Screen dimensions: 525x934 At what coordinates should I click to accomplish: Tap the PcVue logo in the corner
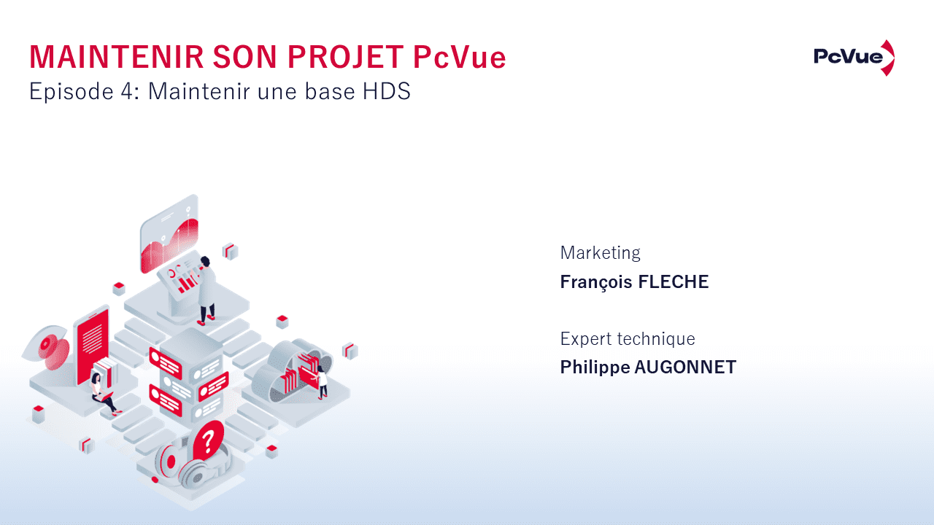coord(854,58)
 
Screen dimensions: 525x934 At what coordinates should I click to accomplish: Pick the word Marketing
coord(600,253)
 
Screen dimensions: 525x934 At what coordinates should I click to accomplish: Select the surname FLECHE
coord(673,282)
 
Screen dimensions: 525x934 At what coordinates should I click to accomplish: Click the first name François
coord(596,282)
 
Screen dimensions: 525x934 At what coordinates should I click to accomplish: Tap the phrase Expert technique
coord(628,339)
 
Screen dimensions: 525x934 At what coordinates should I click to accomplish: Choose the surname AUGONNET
coord(685,367)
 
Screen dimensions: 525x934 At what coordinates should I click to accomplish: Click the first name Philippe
coord(595,367)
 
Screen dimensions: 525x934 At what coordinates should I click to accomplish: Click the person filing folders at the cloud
coord(321,381)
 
